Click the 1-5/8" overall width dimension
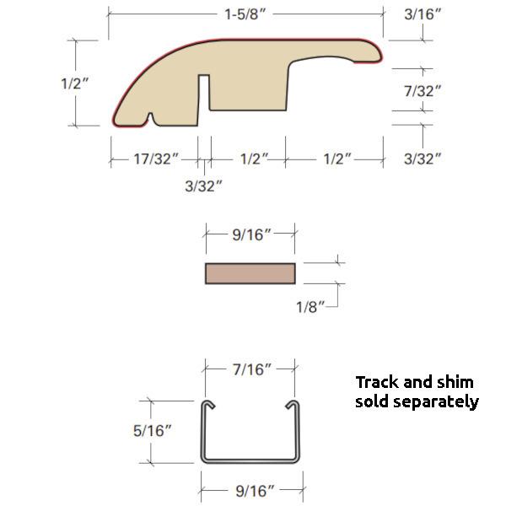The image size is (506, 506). [245, 14]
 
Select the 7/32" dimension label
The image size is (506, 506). [423, 90]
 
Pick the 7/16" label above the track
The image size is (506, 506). [250, 369]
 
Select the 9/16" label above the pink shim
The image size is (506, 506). [250, 234]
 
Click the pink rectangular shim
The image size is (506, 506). [250, 274]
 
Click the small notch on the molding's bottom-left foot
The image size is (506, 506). [150, 117]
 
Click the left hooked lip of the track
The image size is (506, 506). [207, 406]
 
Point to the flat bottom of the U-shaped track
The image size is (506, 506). [250, 460]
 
